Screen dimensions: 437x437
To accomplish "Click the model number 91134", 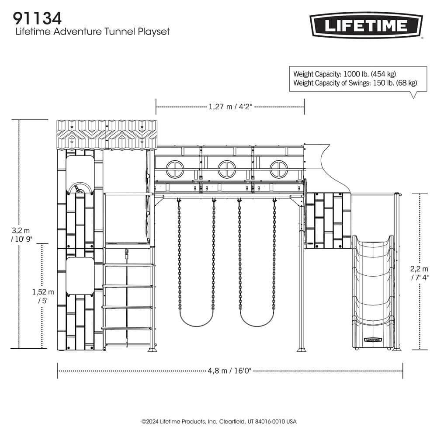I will point(37,18).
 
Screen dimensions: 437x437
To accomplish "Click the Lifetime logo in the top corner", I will point(366,26).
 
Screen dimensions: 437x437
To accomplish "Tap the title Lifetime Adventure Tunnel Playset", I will point(92,31).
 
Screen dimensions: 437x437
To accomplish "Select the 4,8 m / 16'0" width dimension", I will point(230,371).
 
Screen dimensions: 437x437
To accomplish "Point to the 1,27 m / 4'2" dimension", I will point(230,106).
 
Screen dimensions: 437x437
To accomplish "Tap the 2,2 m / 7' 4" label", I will point(420,272).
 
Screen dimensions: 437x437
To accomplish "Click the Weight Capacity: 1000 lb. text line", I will point(344,74).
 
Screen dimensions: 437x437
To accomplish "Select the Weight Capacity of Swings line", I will point(355,83).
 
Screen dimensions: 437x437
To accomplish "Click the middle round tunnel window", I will point(226,169).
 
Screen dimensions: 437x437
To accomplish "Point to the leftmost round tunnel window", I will point(174,169).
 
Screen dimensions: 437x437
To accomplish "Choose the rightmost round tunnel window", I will point(278,169).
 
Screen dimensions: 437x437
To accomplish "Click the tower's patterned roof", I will point(107,135).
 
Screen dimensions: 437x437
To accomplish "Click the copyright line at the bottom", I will point(218,422).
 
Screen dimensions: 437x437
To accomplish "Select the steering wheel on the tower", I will point(80,188).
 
